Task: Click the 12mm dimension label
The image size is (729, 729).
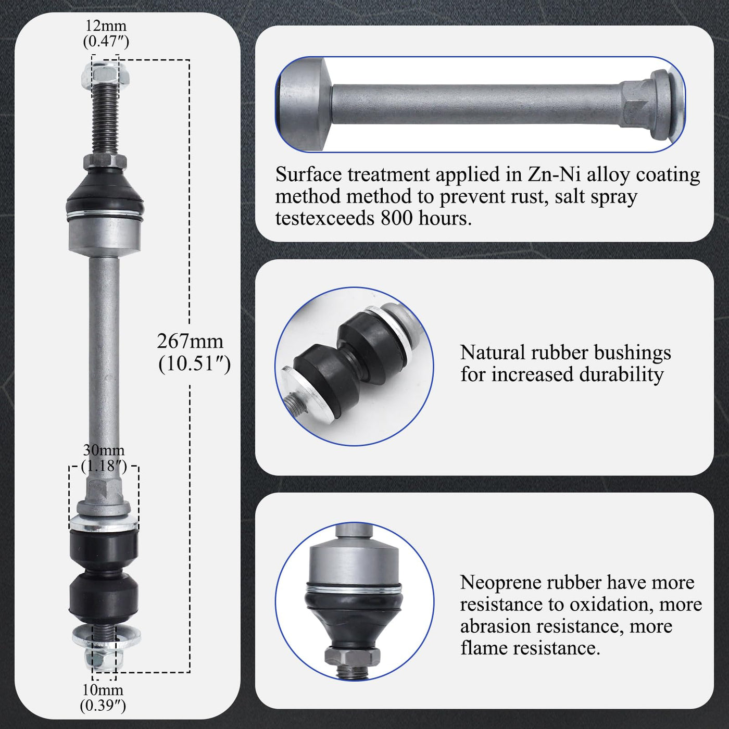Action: pyautogui.click(x=106, y=33)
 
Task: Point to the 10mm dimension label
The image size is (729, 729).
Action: pyautogui.click(x=103, y=698)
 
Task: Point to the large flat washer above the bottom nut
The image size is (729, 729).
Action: pyautogui.click(x=106, y=636)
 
